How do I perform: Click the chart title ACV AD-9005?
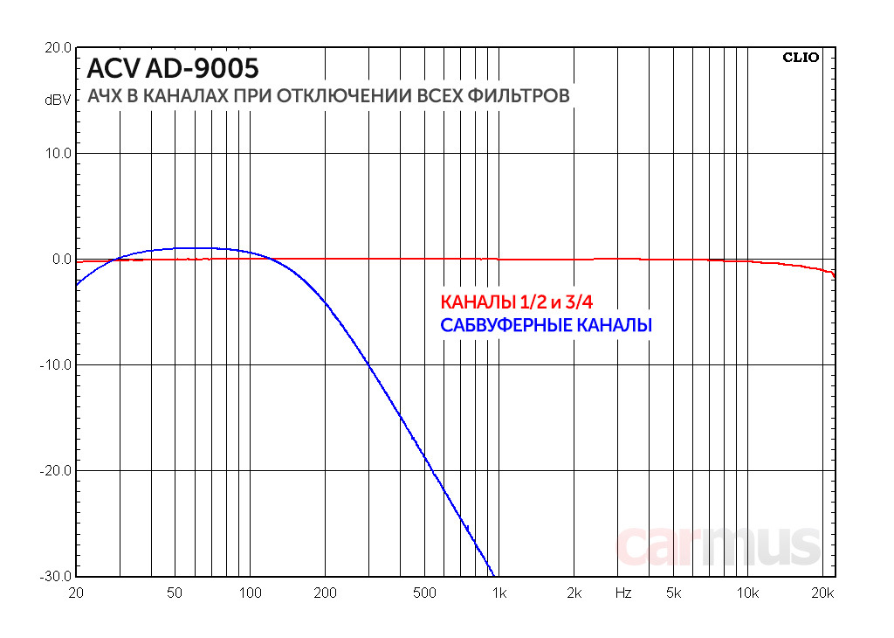tap(173, 68)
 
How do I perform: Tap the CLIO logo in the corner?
tap(801, 58)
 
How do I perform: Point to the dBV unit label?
tap(58, 101)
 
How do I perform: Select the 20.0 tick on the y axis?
tap(58, 48)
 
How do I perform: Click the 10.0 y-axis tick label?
tap(58, 154)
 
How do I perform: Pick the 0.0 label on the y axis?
tap(61, 260)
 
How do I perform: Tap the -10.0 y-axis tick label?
tap(56, 365)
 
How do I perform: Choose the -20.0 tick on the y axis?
tap(56, 471)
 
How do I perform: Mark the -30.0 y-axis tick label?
tap(56, 577)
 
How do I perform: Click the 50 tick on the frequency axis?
tap(175, 593)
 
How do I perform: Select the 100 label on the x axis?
tap(250, 593)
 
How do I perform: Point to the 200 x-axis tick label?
tap(325, 593)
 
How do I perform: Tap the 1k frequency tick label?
tap(499, 593)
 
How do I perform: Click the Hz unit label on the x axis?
tap(622, 593)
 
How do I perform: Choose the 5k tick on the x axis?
tap(673, 593)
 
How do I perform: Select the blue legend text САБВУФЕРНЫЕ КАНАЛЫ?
tap(546, 326)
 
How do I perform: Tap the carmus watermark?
tap(719, 545)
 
